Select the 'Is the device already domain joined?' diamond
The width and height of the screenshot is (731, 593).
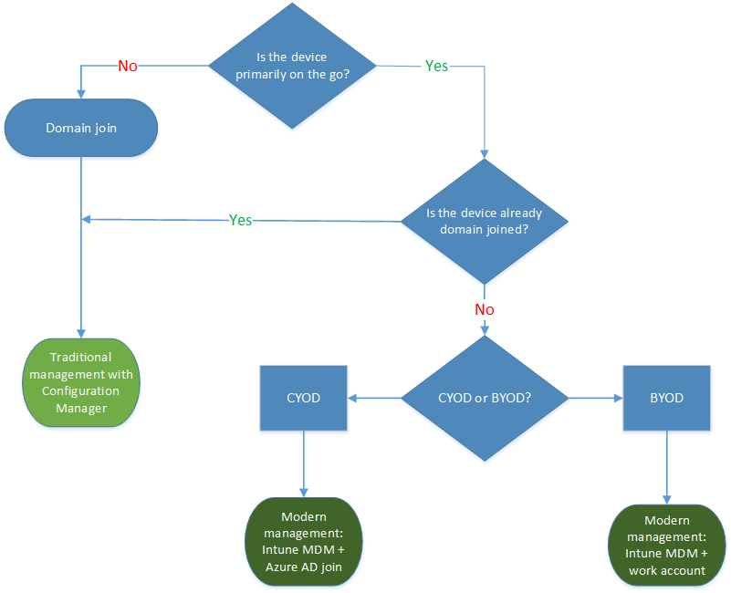click(485, 220)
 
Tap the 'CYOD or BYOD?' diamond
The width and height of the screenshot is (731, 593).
click(485, 398)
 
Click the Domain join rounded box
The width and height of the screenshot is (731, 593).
click(81, 128)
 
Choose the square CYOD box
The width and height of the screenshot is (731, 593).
click(303, 398)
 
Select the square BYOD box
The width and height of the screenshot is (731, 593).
click(666, 398)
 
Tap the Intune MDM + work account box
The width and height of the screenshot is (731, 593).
click(666, 545)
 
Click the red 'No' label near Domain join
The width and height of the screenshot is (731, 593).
click(129, 66)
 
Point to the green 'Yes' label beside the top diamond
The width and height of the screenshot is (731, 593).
click(436, 66)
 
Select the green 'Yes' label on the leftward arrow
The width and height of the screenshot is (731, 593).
click(241, 220)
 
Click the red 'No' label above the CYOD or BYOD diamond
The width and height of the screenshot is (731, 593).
click(485, 309)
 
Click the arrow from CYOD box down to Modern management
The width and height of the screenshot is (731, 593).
click(303, 463)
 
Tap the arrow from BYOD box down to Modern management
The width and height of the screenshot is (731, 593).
click(666, 466)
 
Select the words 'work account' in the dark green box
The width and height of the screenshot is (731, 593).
click(666, 570)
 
